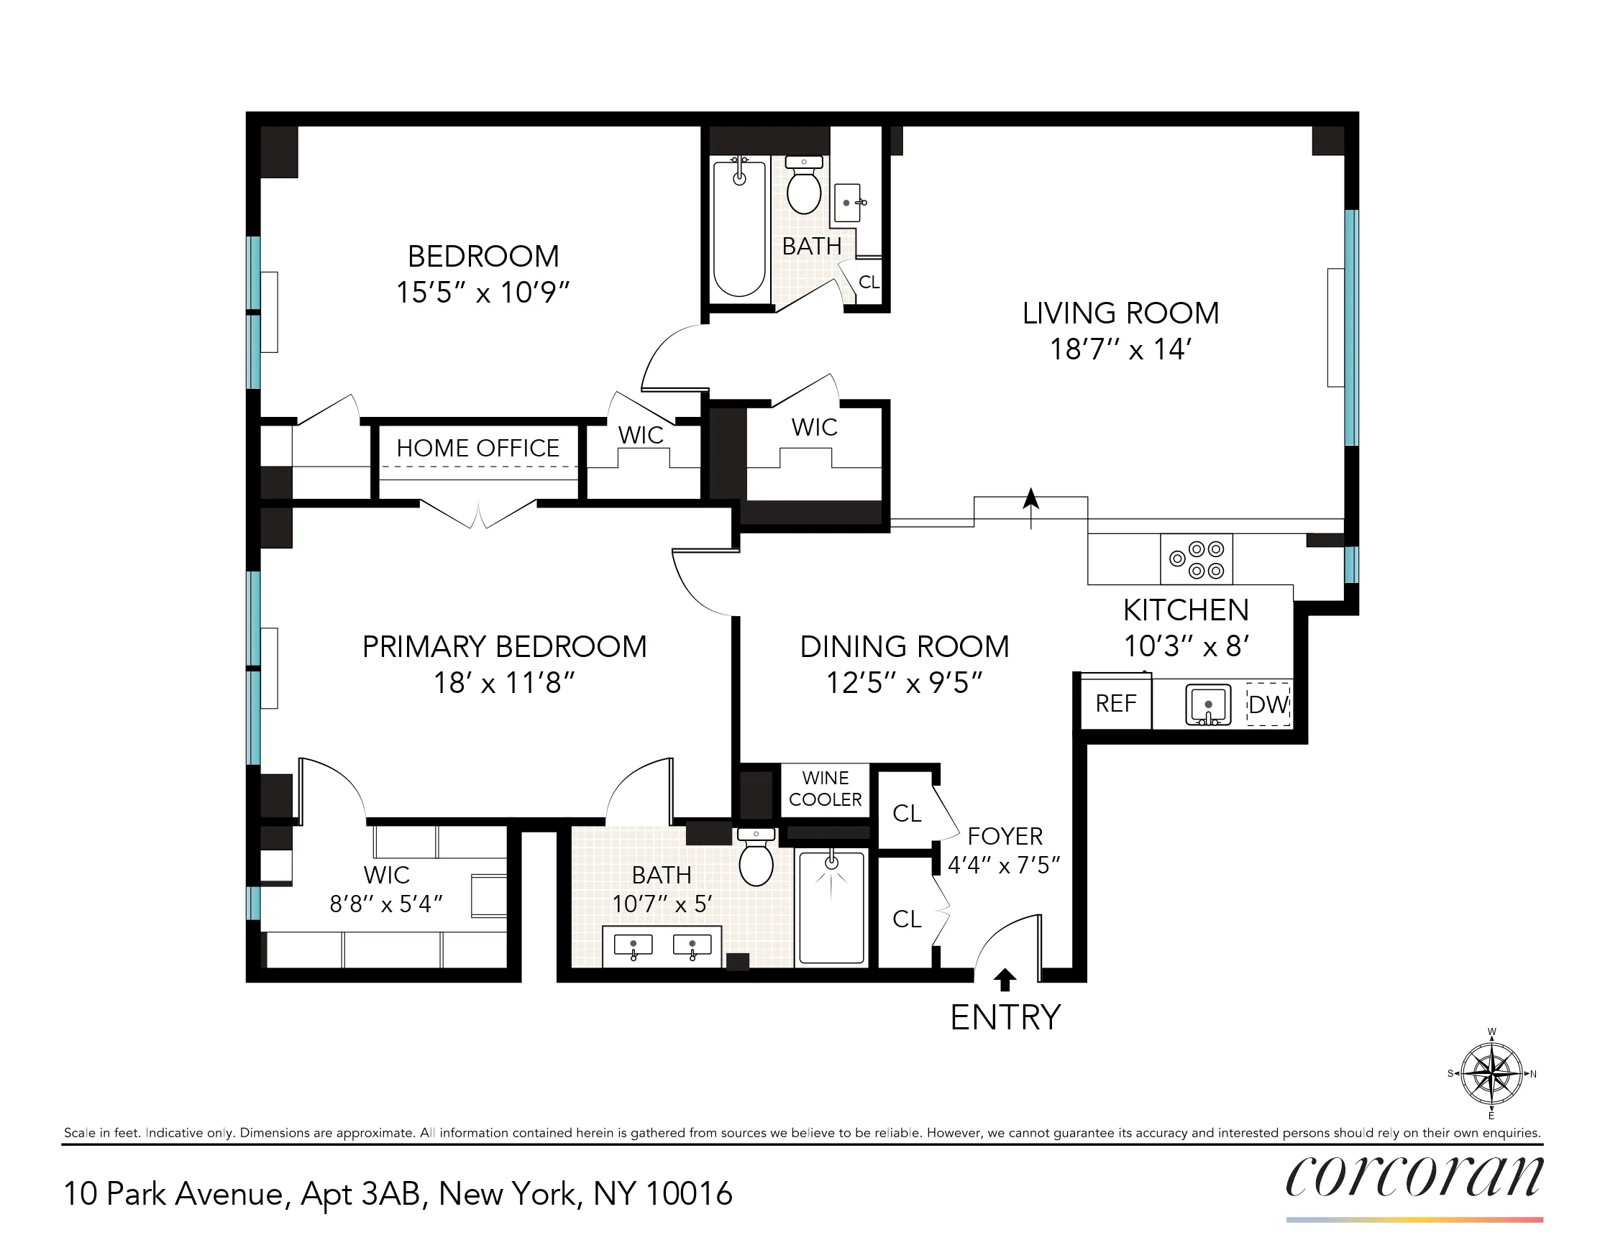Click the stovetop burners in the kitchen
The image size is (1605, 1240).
(x=1197, y=560)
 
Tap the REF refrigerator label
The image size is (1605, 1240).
(x=1115, y=704)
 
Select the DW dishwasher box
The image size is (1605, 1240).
(x=1269, y=705)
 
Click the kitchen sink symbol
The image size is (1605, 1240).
(x=1207, y=705)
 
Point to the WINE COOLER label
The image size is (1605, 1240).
(x=826, y=789)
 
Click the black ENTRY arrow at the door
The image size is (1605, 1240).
(x=1005, y=979)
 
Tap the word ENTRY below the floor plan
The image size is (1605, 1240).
(x=1005, y=1017)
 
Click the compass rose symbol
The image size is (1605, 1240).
(x=1491, y=1074)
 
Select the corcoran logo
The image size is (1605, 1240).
(x=1414, y=1177)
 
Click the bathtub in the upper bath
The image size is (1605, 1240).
(x=739, y=228)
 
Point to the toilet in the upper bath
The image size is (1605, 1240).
(x=804, y=187)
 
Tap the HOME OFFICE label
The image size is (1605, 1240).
(x=477, y=448)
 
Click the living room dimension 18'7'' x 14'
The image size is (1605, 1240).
(x=1120, y=349)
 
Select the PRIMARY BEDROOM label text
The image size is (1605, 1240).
(x=504, y=647)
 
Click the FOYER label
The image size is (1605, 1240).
(x=1005, y=837)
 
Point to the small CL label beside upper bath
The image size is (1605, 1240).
(x=869, y=282)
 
